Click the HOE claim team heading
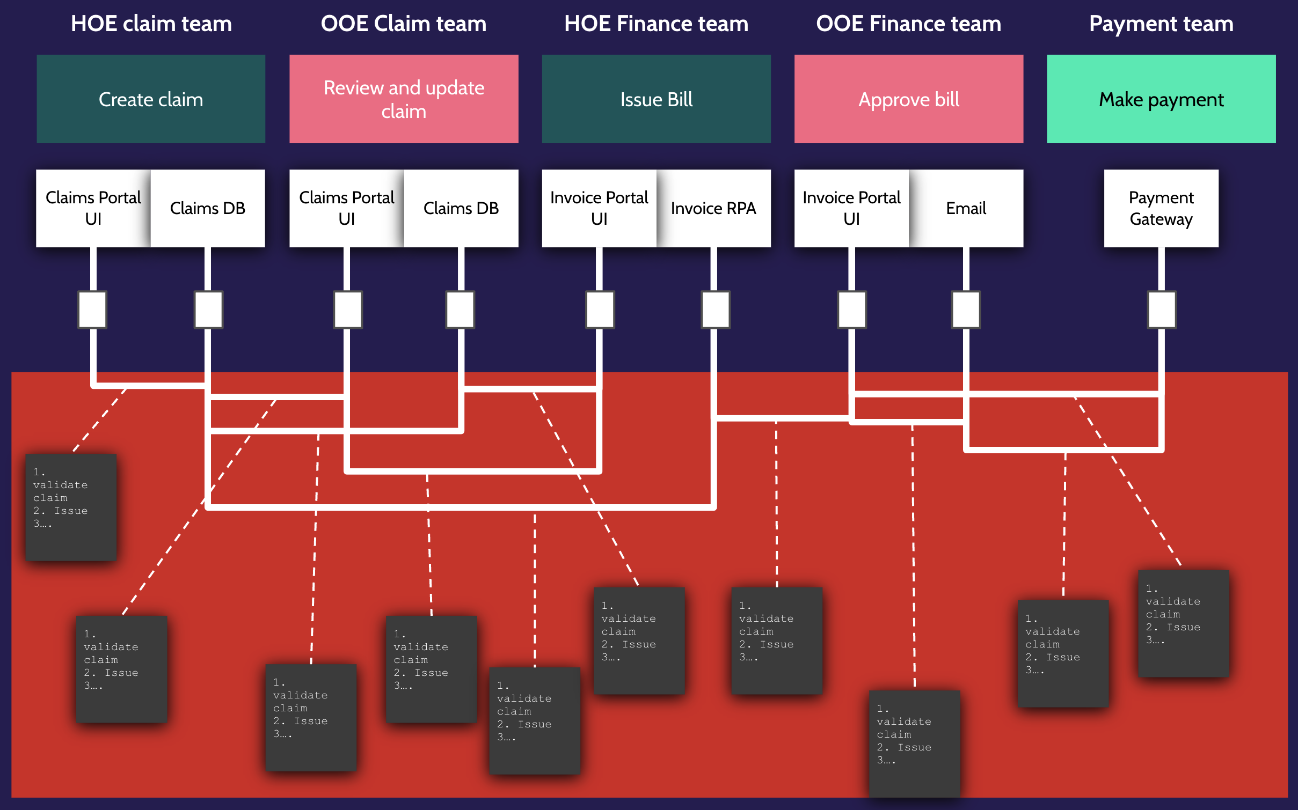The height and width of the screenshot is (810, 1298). (151, 24)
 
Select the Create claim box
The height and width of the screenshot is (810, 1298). (151, 99)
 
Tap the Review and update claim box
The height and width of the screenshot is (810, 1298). (404, 99)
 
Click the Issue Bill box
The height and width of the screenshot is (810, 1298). (656, 99)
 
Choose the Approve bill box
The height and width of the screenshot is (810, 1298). (908, 99)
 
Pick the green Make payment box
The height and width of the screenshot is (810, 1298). (1161, 99)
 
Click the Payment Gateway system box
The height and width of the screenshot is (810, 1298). (1161, 208)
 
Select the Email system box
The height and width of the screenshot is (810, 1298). (966, 208)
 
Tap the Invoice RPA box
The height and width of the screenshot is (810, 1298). (713, 208)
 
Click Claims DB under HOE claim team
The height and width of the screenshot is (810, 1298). (208, 208)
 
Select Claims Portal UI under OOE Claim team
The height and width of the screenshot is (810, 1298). (347, 208)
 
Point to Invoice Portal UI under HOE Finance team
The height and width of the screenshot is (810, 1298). (599, 208)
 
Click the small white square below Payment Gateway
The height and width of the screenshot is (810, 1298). (1162, 310)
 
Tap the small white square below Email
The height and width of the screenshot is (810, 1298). (966, 310)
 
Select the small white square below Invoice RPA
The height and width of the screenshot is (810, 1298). (716, 310)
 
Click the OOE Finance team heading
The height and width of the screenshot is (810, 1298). (908, 24)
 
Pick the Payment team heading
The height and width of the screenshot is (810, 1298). (1161, 24)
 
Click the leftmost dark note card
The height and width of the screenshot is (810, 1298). (71, 507)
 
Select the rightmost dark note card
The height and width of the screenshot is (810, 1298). (1183, 623)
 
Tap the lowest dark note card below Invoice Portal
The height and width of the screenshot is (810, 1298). (914, 743)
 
